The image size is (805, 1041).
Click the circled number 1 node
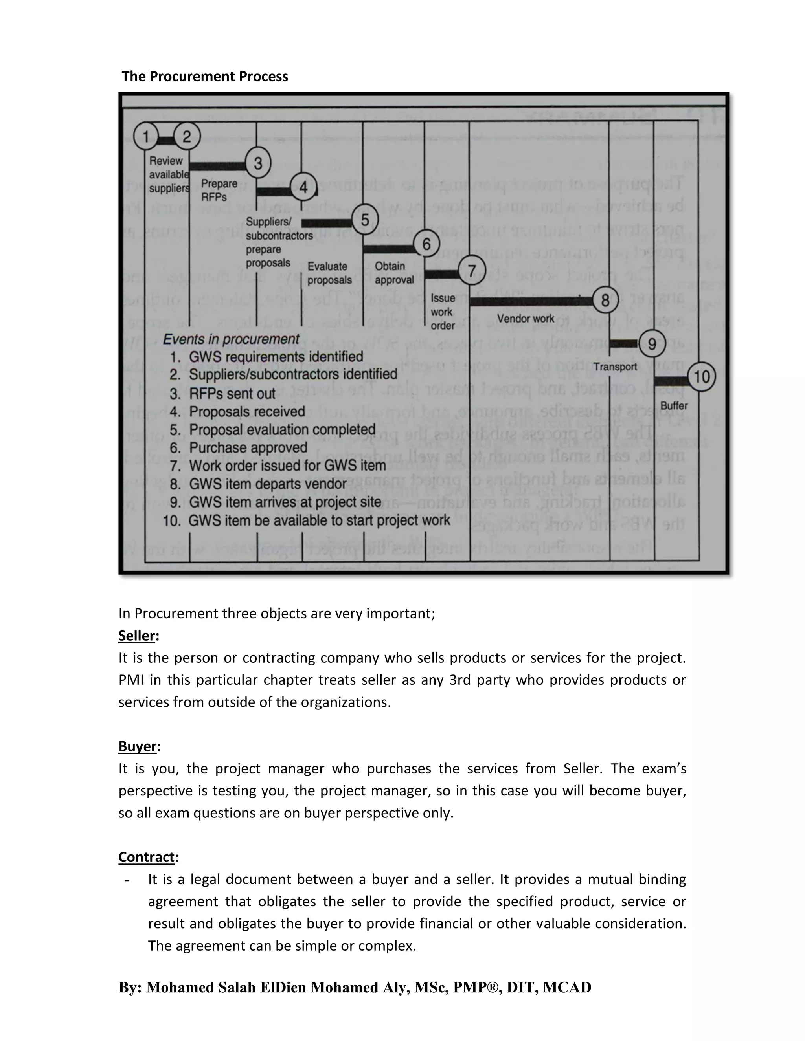(146, 137)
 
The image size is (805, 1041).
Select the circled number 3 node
(258, 163)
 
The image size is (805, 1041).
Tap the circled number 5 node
(365, 220)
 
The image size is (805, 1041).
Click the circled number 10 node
(702, 377)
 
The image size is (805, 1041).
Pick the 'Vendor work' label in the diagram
(525, 319)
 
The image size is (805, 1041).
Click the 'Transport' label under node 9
(615, 367)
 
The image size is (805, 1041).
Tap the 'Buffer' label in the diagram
(673, 406)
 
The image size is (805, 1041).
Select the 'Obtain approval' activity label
(394, 273)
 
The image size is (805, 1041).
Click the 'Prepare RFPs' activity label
(219, 190)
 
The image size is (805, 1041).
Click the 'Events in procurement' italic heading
(231, 339)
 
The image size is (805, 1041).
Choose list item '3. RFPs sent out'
(223, 394)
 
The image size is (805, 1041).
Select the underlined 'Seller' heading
(137, 636)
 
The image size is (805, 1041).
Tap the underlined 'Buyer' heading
(137, 746)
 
